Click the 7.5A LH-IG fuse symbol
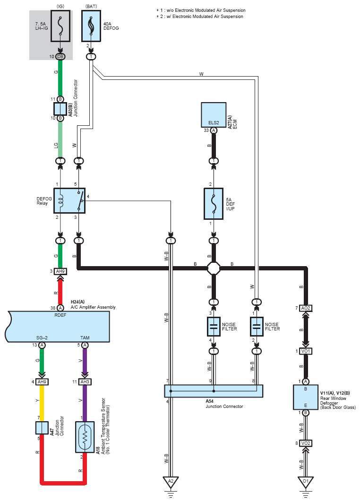60,26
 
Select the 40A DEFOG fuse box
91,26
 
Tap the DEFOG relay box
69,201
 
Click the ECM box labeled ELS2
214,115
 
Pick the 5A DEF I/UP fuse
214,204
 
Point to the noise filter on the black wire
214,327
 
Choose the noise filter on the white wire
257,327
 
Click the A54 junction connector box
214,391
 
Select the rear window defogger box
306,397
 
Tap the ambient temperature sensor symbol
85,437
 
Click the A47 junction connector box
42,428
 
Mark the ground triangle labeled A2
171,482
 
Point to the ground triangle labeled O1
306,482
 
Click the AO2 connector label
306,308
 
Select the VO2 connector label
306,443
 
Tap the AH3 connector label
85,381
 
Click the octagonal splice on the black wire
214,268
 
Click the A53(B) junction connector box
60,109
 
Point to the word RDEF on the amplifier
60,315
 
